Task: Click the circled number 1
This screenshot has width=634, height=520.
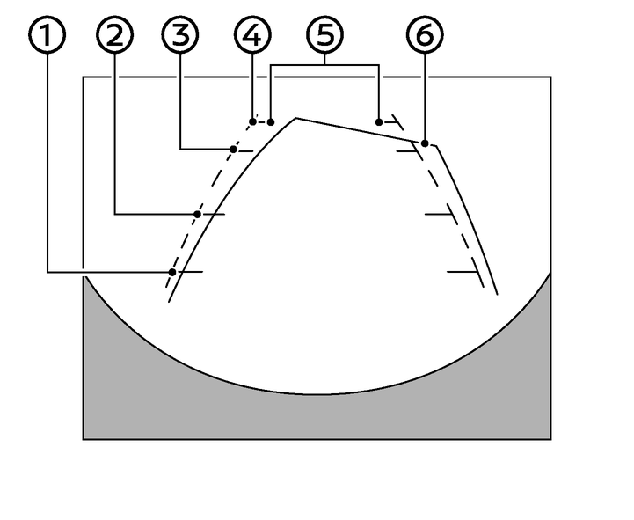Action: (x=47, y=36)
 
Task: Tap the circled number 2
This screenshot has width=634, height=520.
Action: (x=115, y=36)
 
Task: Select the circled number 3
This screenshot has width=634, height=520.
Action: (x=180, y=36)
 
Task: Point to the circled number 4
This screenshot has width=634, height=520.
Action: (x=252, y=36)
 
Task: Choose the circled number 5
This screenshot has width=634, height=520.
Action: (x=325, y=36)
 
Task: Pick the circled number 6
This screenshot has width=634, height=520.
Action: (x=425, y=36)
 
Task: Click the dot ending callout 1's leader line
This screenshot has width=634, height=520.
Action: (x=172, y=273)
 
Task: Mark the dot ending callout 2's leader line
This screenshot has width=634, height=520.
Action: (x=198, y=214)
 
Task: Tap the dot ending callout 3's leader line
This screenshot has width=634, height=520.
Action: (x=233, y=150)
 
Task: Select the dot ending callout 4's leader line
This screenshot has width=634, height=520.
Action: (x=253, y=121)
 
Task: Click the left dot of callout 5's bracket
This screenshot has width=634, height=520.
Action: (x=271, y=121)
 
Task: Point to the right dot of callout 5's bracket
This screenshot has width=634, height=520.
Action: (x=379, y=121)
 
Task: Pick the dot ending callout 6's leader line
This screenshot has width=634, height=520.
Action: (x=425, y=143)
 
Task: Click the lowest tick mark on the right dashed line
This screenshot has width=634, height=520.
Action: (x=463, y=273)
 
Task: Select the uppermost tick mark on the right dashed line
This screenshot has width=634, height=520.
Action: (x=410, y=151)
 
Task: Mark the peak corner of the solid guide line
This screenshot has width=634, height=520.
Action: (x=295, y=117)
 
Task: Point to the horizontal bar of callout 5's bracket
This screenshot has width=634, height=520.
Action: (x=325, y=65)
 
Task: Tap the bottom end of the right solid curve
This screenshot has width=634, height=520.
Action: (x=499, y=294)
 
